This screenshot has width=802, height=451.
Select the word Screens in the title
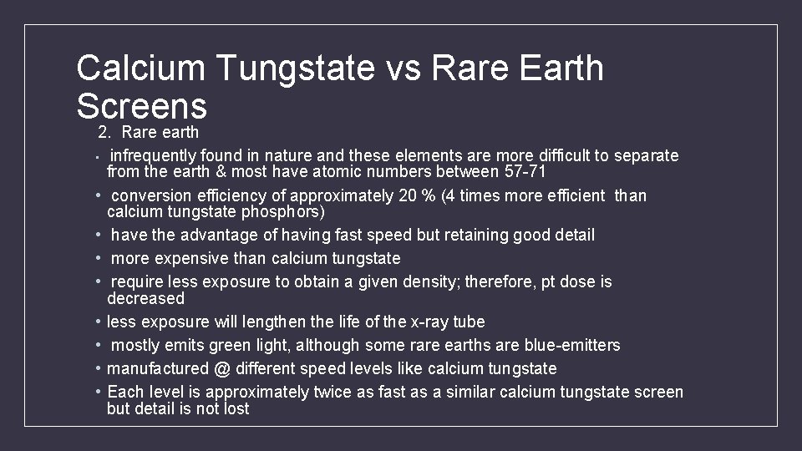pyautogui.click(x=141, y=106)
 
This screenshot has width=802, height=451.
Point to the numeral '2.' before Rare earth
pyautogui.click(x=104, y=132)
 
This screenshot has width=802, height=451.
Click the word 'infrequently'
pyautogui.click(x=154, y=155)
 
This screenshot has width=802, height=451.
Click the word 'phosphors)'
pyautogui.click(x=283, y=211)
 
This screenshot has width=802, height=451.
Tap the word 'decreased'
pyautogui.click(x=145, y=298)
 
